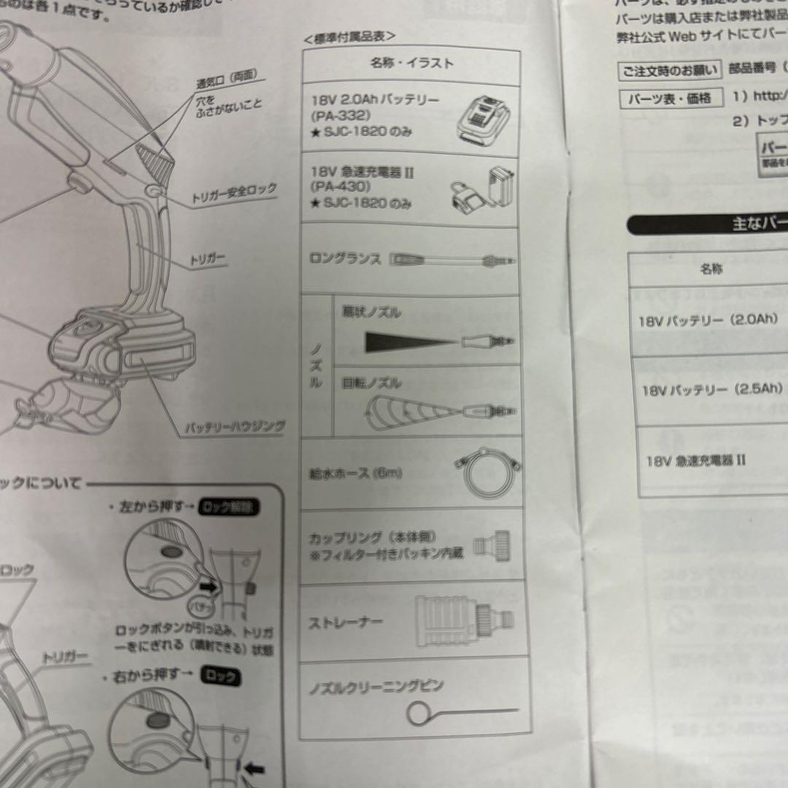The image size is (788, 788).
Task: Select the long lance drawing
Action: click(x=452, y=260)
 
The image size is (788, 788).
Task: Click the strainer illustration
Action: click(x=464, y=621)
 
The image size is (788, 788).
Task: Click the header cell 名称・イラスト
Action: click(x=412, y=63)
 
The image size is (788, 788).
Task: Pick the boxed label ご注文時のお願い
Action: click(x=668, y=71)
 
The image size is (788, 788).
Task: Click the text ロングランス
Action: click(x=345, y=259)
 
